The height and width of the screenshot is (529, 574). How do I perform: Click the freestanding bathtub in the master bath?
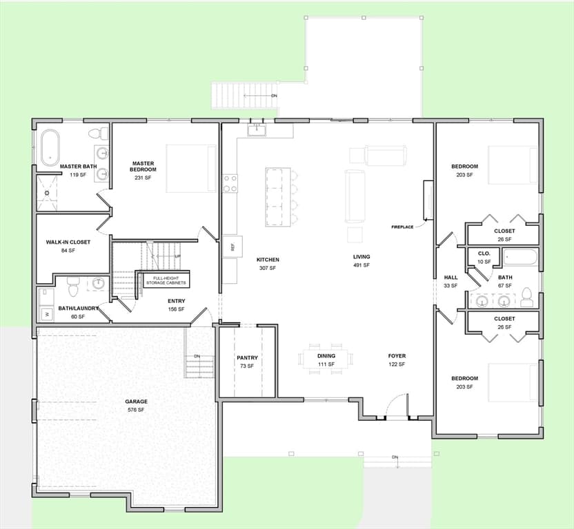(50, 147)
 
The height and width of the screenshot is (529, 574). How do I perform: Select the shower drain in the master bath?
(47, 193)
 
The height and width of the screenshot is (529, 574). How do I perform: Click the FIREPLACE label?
(402, 227)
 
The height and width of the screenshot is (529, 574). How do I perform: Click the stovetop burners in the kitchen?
(230, 183)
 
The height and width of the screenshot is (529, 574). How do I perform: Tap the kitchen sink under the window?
(257, 129)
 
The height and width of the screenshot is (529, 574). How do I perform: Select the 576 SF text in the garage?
(136, 410)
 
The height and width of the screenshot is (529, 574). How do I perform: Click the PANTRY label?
(247, 357)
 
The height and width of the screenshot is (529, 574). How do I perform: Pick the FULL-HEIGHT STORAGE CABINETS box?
(166, 280)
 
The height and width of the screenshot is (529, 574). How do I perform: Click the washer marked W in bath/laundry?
(47, 314)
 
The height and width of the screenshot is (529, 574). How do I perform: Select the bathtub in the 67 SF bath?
(520, 257)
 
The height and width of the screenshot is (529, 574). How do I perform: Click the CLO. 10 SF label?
(484, 258)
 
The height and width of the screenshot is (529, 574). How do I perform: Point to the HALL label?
(451, 278)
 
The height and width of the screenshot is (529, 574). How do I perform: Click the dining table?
(326, 359)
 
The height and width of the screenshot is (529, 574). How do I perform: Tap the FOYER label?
(397, 355)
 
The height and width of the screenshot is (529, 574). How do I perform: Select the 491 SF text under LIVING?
(362, 265)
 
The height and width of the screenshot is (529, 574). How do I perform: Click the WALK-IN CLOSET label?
(68, 242)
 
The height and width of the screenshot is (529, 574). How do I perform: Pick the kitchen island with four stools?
(278, 197)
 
